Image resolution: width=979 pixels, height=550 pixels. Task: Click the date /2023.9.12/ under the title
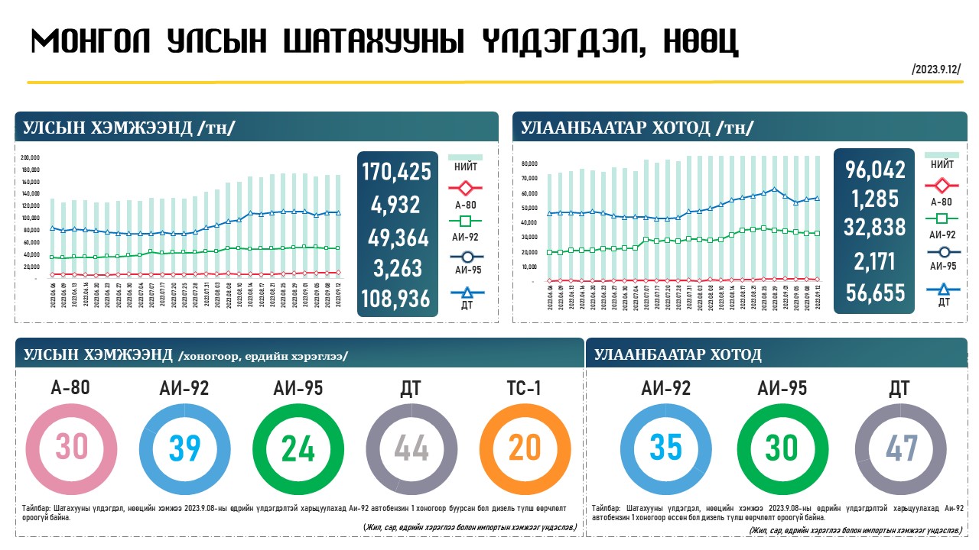coord(936,70)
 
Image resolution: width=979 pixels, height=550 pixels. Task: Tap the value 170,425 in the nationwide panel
coord(395,173)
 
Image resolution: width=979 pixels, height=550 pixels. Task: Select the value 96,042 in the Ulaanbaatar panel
coord(875,170)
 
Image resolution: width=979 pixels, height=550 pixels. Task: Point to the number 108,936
coord(395,299)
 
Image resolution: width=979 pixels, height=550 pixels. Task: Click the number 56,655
coord(875,293)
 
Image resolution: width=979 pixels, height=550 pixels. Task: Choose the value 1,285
coord(875,199)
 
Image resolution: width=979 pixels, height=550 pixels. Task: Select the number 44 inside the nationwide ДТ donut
coord(411,448)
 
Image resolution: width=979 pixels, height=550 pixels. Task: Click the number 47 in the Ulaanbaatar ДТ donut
coord(901,448)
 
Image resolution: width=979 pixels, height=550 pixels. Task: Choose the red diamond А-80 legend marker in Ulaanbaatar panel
coord(942,186)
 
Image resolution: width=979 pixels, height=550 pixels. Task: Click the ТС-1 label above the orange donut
coord(525,388)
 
